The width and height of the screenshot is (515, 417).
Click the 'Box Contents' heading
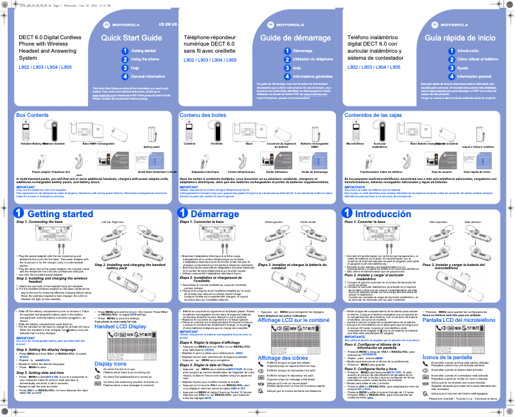click(32, 114)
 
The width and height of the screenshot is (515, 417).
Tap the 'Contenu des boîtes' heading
click(203, 114)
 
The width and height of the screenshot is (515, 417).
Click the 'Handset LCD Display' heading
click(120, 327)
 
